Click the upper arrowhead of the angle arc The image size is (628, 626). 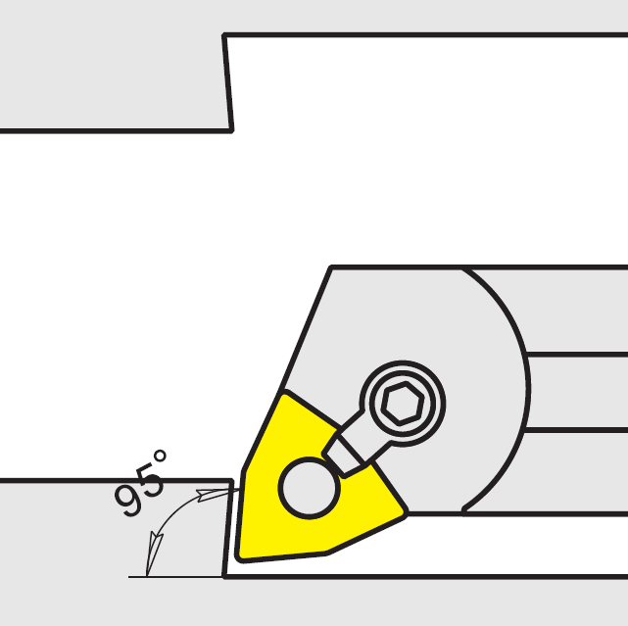[208, 493]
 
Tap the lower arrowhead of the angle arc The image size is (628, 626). [151, 564]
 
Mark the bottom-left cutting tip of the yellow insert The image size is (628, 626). [241, 557]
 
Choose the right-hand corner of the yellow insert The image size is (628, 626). [405, 512]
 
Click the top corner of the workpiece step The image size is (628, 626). [224, 36]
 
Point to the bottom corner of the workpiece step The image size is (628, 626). [231, 129]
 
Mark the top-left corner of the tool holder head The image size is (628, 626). [331, 266]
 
